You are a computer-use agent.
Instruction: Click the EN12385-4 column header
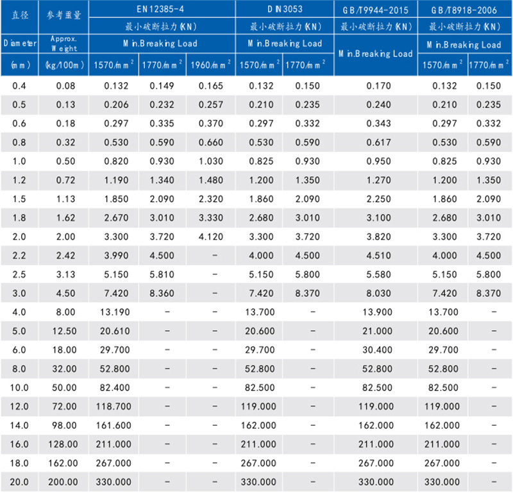(x=162, y=10)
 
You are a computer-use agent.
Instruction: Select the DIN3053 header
(x=285, y=10)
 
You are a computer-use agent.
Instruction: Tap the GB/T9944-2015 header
(x=375, y=10)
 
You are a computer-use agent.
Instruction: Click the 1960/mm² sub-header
(x=210, y=65)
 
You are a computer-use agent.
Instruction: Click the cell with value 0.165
(x=210, y=86)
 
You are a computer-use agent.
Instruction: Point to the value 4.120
(x=210, y=236)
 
